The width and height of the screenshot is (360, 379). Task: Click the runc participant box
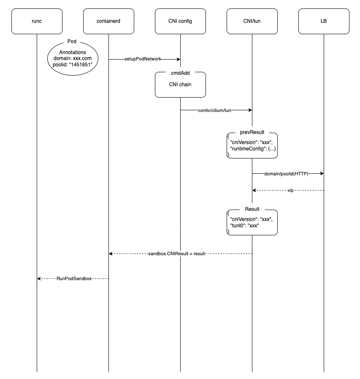pos(37,21)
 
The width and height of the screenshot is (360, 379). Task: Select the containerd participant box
pos(108,21)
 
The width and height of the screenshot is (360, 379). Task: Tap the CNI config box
pos(180,21)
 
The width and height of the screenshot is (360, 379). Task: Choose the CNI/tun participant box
pos(252,21)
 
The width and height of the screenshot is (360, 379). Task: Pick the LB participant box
pos(324,21)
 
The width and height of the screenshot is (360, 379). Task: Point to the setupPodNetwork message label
pos(143,59)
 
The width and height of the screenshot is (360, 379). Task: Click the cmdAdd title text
pos(180,73)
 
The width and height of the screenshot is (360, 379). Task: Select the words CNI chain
pos(180,85)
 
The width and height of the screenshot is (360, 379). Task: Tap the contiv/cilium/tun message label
pos(215,110)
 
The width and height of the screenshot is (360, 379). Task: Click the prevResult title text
pos(252,132)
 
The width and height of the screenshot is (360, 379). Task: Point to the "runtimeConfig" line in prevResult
pos(253,149)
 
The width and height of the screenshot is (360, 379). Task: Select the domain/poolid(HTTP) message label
pos(287,174)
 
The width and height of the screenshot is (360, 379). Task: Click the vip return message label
pos(290,191)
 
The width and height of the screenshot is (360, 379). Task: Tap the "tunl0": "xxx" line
pos(245,226)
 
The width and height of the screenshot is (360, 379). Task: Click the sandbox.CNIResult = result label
pos(176,254)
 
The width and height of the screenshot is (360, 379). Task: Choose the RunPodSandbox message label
pos(74,279)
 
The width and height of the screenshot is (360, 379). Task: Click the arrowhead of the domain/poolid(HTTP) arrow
pos(322,173)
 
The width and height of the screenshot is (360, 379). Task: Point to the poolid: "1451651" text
pos(73,65)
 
